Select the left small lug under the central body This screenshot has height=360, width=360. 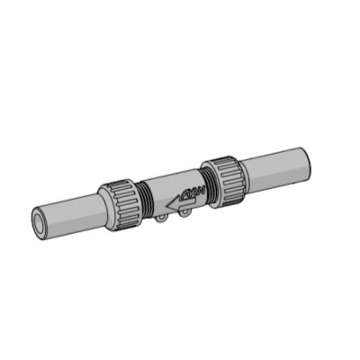(159, 216)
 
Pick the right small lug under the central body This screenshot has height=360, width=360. (180, 212)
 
